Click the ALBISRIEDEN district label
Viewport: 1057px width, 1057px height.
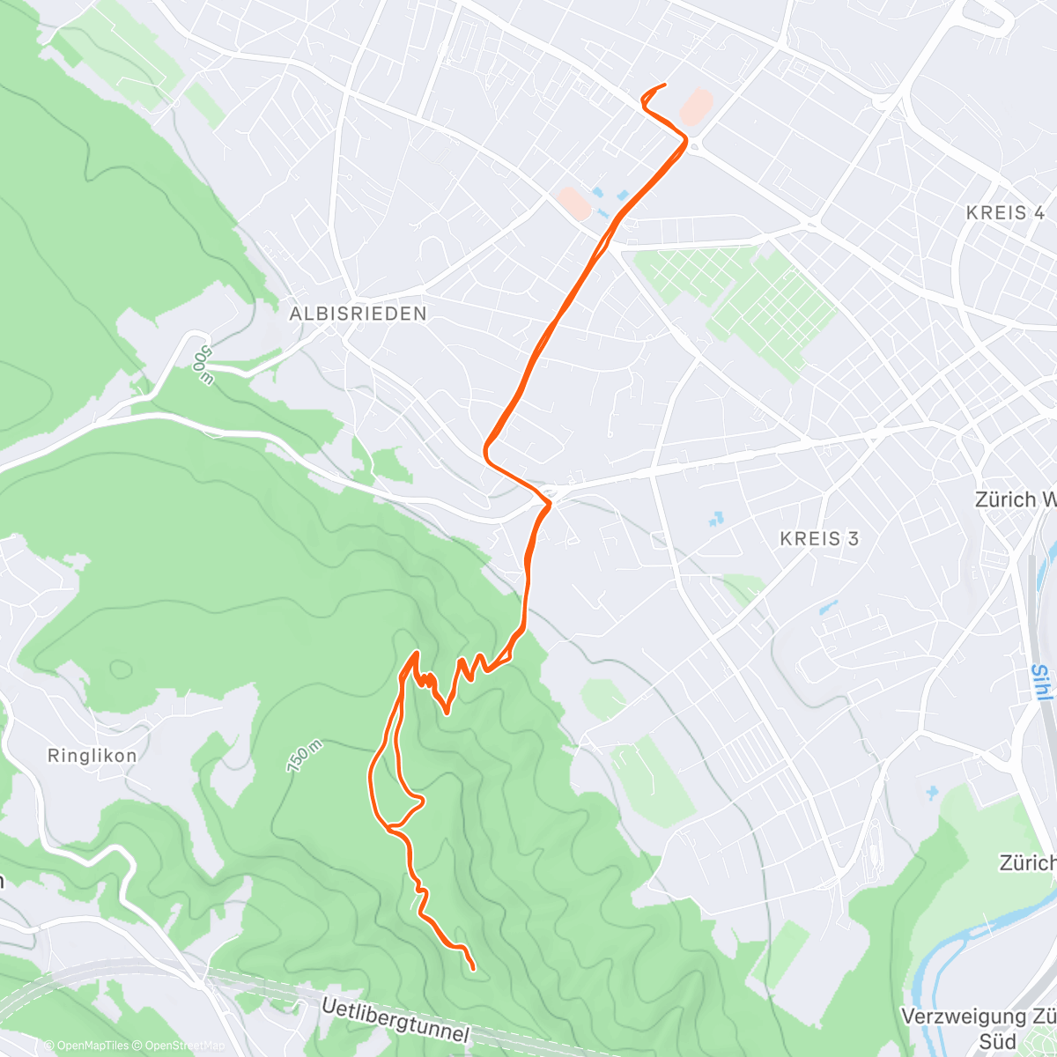[x=358, y=314]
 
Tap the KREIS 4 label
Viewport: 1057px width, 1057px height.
[x=1005, y=213]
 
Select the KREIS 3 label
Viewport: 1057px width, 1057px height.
[x=819, y=538]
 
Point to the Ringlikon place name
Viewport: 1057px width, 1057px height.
[x=92, y=756]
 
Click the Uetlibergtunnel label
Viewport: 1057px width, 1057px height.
[x=396, y=1021]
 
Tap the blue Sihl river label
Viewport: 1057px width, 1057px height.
[x=1041, y=683]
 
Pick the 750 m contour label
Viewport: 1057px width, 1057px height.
[x=304, y=757]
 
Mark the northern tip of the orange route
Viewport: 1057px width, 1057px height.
[x=662, y=85]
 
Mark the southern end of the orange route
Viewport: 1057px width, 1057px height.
[x=474, y=969]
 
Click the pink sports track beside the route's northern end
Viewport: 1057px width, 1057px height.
[x=695, y=106]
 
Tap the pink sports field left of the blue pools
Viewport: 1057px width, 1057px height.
[x=573, y=203]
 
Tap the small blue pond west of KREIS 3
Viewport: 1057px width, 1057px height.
[x=715, y=520]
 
